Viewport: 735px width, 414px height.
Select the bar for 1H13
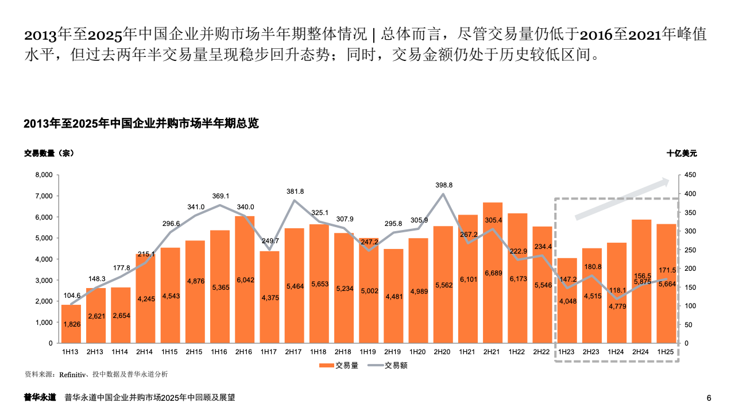(71, 324)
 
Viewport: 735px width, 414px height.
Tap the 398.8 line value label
(443, 185)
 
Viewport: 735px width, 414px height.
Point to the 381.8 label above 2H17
(295, 191)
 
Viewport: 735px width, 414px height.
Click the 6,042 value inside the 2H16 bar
(245, 280)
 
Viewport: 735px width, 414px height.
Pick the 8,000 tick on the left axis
(44, 175)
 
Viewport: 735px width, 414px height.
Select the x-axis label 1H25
(666, 351)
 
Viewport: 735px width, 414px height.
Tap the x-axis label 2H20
(443, 351)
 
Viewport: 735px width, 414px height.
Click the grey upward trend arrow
(622, 199)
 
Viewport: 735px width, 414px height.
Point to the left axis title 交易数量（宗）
(49, 154)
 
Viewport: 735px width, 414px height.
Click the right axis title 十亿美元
(681, 154)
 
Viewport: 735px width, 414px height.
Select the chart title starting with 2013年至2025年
(141, 124)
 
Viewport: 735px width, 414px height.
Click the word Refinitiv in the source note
(71, 374)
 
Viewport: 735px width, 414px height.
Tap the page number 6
(709, 398)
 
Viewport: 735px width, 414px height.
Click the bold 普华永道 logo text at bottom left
(40, 397)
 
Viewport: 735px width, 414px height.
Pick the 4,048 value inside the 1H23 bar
(567, 301)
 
